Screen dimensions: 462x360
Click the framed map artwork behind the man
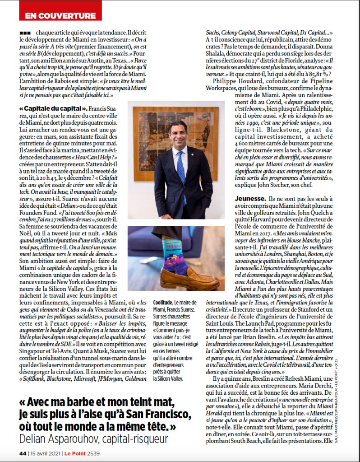point(149,131)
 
